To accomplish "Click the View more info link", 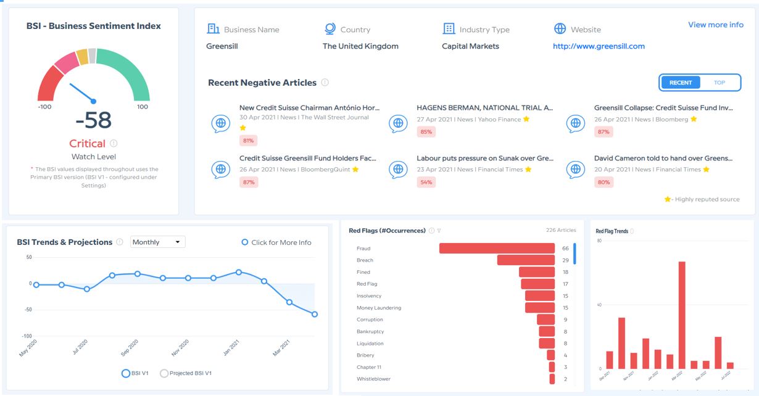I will (715, 25).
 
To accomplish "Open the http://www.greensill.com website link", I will (599, 46).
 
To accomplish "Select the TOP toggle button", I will (720, 83).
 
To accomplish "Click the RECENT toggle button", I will (681, 83).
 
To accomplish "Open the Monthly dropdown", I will (158, 242).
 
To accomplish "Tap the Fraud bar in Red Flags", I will (497, 248).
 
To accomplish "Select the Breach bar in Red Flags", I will (526, 260).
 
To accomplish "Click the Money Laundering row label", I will (379, 308).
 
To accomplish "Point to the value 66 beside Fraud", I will (565, 248).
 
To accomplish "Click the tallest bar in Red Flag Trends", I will (682, 315).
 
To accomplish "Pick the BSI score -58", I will (94, 121).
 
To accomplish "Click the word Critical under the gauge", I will (87, 143).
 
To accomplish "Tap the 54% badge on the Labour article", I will (426, 182).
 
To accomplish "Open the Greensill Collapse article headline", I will (663, 108).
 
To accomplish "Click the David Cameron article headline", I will (663, 159).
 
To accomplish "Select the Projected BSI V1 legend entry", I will (186, 373).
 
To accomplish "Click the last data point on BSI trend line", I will (315, 315).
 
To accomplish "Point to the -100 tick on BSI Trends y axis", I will (27, 336).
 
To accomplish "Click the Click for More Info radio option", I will (276, 242).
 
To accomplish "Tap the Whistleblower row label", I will (373, 379).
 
